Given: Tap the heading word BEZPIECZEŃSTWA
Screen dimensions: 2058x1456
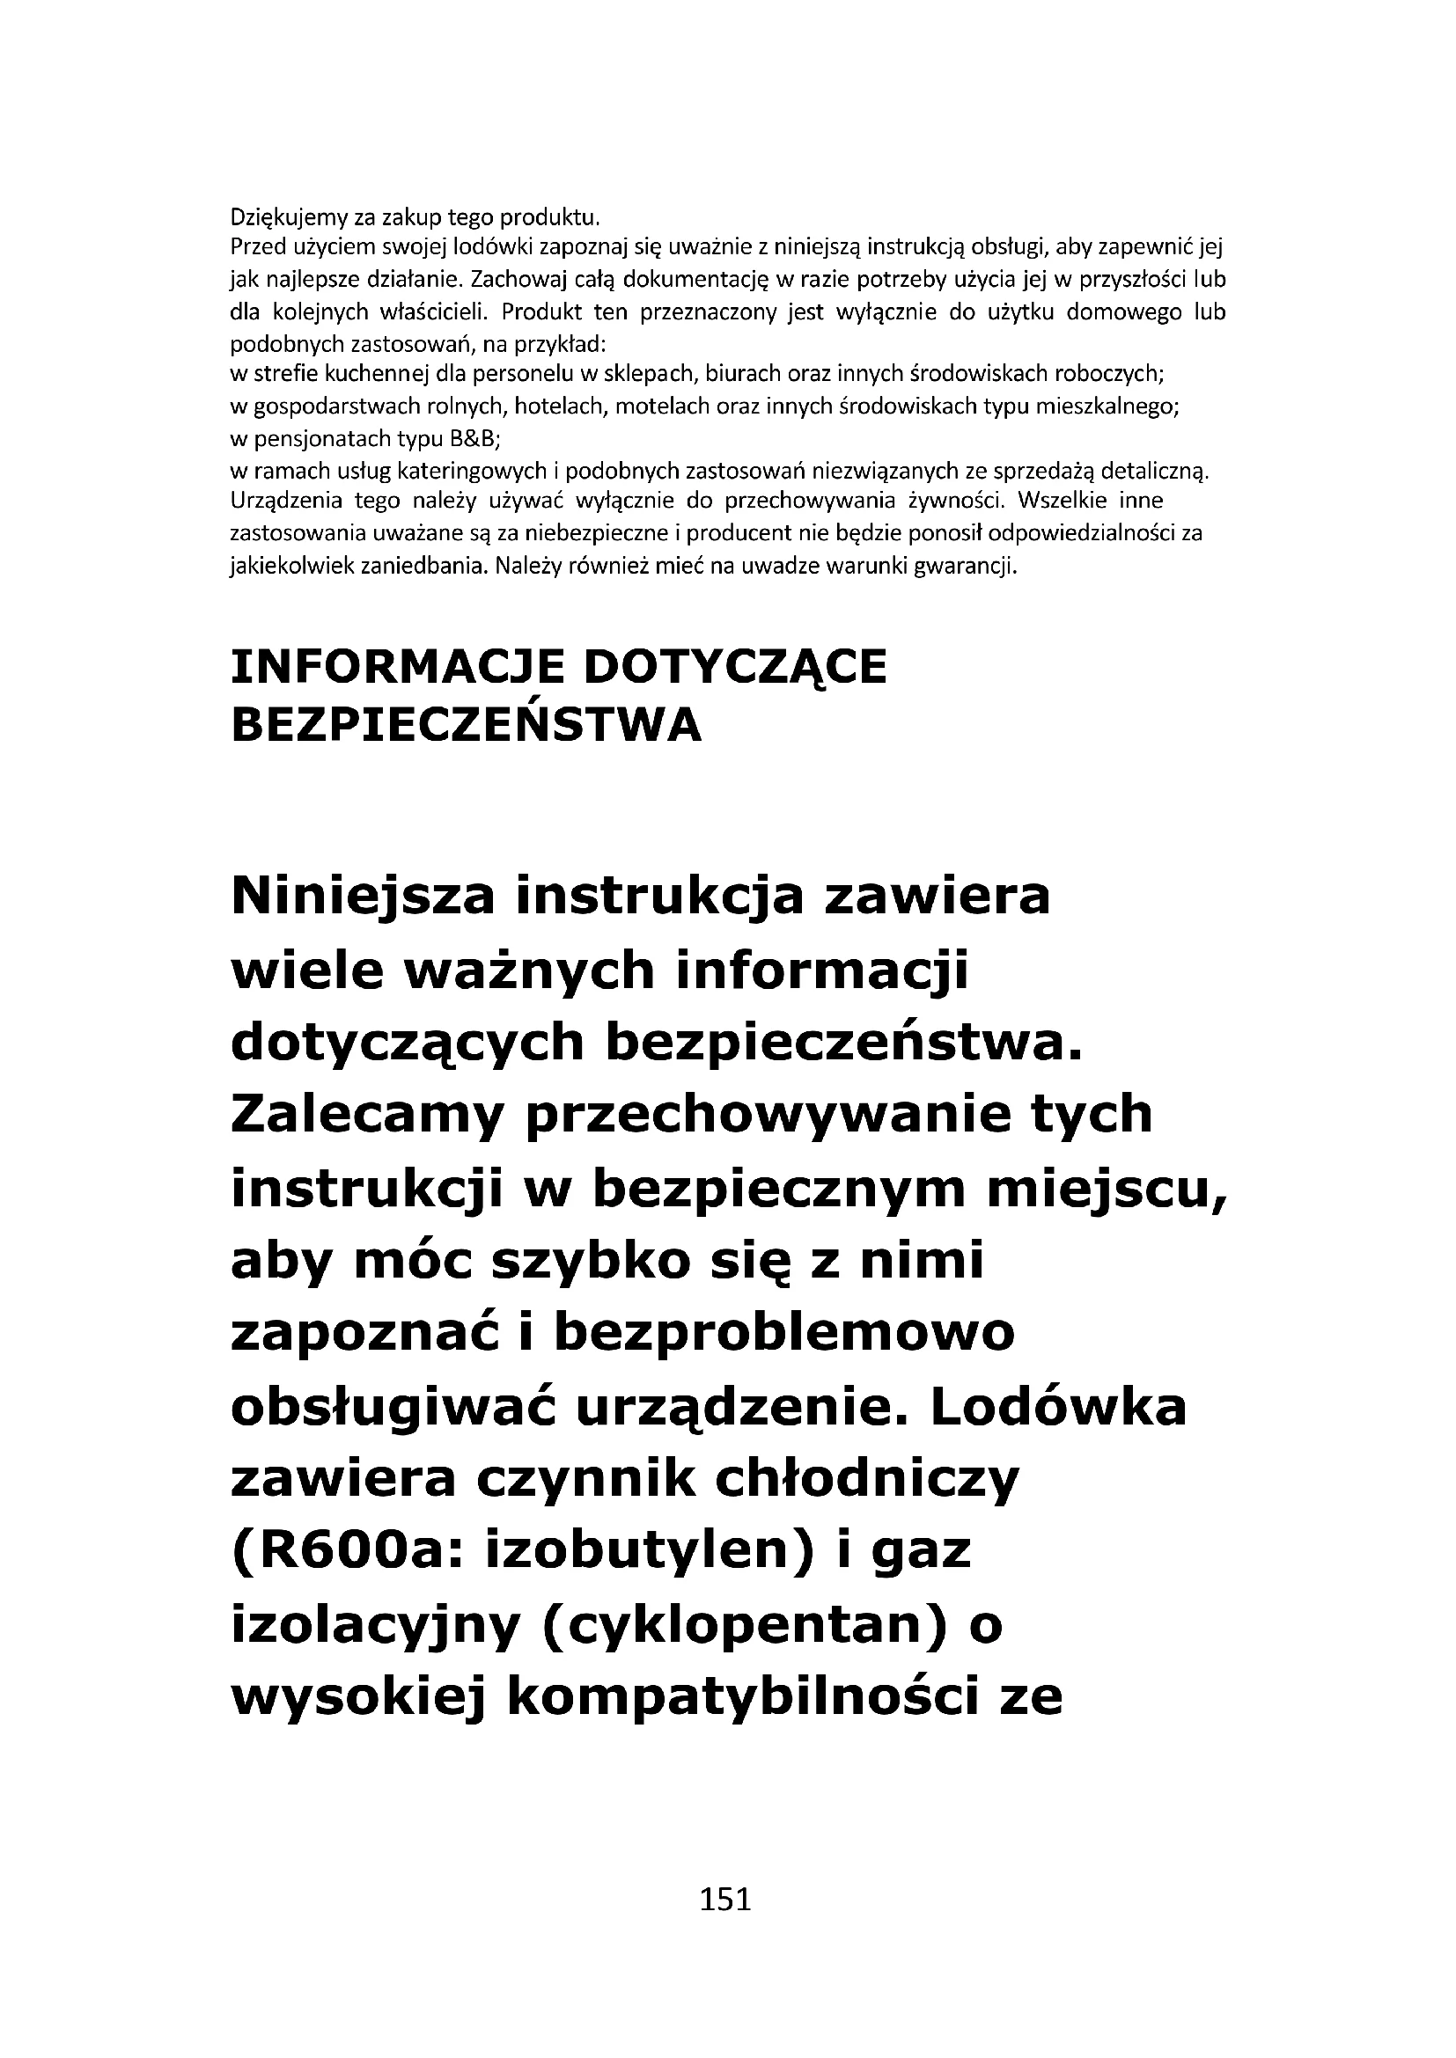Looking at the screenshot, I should [467, 725].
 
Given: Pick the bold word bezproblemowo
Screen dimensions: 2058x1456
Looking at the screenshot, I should [784, 1333].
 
